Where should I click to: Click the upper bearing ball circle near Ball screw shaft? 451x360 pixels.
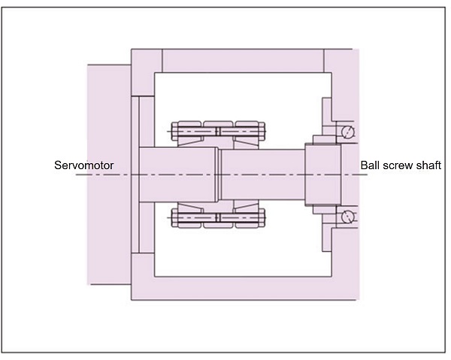pyautogui.click(x=347, y=132)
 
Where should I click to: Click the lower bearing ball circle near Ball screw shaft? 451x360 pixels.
pyautogui.click(x=347, y=217)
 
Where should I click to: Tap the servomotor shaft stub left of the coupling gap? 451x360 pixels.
pyautogui.click(x=176, y=175)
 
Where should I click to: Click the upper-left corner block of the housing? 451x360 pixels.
pyautogui.click(x=147, y=61)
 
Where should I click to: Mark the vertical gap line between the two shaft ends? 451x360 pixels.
pyautogui.click(x=217, y=175)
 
